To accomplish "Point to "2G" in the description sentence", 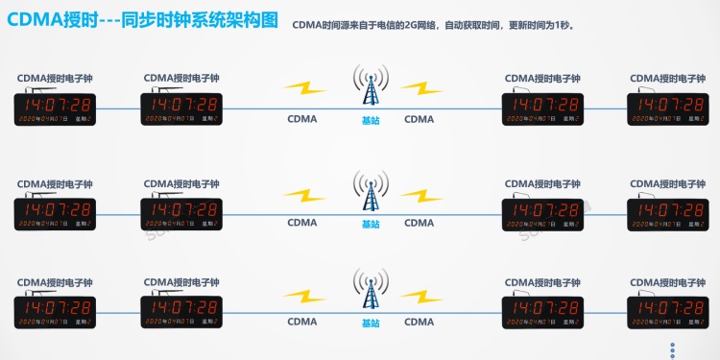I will click(x=412, y=26).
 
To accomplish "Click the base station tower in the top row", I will click(x=370, y=86).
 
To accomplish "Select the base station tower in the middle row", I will click(x=370, y=190).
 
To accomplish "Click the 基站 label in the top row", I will click(x=371, y=120).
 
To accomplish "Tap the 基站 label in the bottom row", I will click(x=371, y=323).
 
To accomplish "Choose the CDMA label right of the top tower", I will click(x=419, y=120).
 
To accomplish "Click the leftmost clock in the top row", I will click(x=55, y=108).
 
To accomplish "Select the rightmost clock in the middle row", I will click(x=666, y=213).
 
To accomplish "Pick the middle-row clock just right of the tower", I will click(x=542, y=213).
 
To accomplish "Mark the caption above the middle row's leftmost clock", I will click(x=55, y=183).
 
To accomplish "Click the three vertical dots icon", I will click(x=673, y=349).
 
